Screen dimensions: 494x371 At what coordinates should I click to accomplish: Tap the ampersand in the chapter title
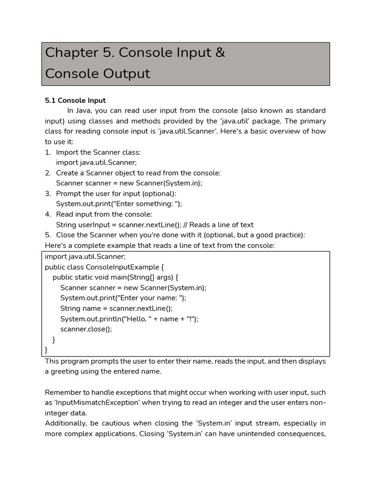(220, 53)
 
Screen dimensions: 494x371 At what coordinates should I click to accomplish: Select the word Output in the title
(126, 74)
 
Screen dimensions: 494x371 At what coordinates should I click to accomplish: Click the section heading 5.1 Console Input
(75, 100)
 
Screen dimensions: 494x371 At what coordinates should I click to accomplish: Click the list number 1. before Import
(48, 152)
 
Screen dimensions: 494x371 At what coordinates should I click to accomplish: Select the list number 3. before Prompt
(48, 193)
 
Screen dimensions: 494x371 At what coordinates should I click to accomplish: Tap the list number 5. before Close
(48, 235)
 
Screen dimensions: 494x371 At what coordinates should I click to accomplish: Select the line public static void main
(115, 277)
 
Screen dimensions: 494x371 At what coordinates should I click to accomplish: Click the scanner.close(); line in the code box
(86, 329)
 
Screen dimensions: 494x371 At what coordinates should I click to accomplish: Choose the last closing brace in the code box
(46, 350)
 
